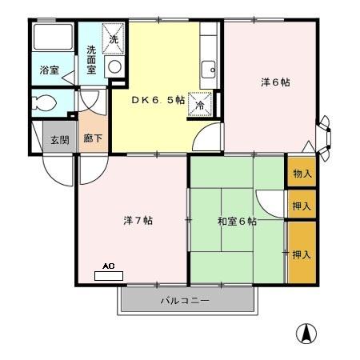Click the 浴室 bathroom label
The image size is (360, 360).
[x=50, y=70]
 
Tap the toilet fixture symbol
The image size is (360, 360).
[x=44, y=102]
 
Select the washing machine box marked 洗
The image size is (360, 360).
[x=114, y=39]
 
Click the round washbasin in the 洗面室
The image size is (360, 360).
[x=115, y=66]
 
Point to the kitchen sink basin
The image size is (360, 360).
[x=208, y=70]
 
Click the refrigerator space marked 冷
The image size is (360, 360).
[x=200, y=104]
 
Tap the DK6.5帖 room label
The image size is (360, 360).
[x=158, y=100]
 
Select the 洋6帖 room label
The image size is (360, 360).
[x=275, y=82]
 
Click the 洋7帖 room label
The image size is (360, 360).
[x=138, y=221]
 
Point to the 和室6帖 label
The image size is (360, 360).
[x=237, y=222]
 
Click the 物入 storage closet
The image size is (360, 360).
[x=302, y=172]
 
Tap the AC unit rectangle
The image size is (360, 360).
[x=109, y=276]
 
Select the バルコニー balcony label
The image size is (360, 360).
[x=185, y=301]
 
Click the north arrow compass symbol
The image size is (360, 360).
[x=306, y=334]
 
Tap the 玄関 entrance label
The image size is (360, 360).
[x=60, y=140]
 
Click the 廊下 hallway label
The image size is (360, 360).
[x=93, y=138]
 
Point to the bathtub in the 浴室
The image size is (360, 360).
[x=53, y=37]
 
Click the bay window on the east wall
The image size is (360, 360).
[x=324, y=138]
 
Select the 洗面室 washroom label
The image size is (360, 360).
[x=91, y=60]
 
